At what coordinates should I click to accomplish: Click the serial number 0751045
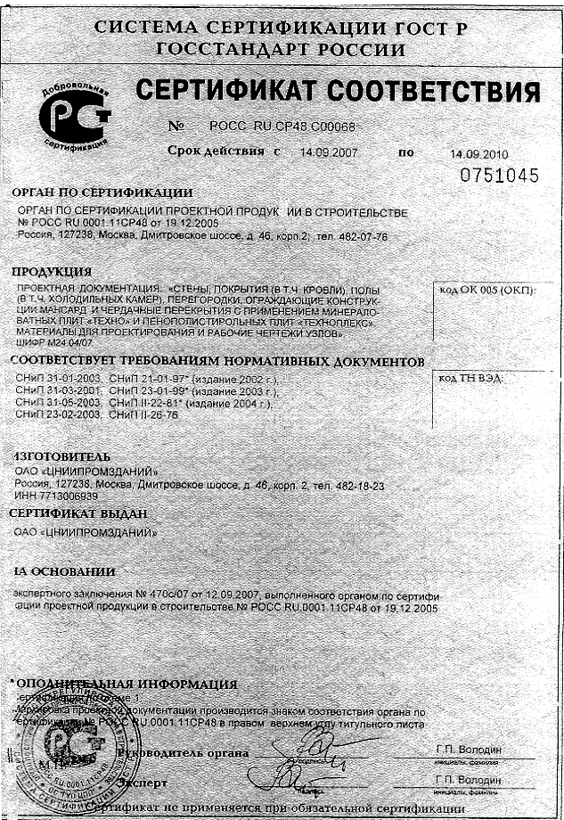pos(499,176)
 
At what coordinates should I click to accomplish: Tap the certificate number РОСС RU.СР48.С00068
pos(282,127)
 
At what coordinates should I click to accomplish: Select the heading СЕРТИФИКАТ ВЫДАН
pos(78,513)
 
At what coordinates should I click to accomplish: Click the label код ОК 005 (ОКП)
pos(492,290)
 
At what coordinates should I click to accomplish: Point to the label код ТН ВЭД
pos(471,379)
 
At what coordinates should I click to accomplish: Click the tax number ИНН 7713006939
pos(57,496)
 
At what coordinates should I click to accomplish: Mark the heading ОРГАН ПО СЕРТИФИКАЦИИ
pos(102,192)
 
